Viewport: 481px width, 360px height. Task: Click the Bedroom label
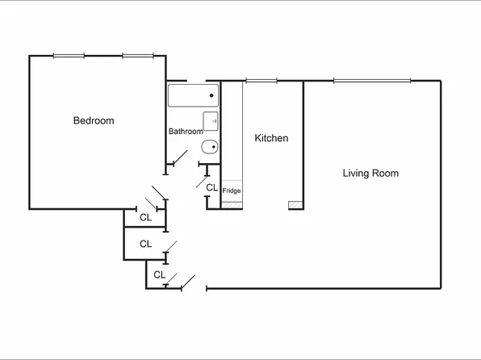click(x=94, y=121)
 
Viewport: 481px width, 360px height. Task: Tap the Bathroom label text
click(x=185, y=132)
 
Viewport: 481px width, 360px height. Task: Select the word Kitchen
click(x=271, y=139)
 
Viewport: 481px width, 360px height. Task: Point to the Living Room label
click(x=370, y=174)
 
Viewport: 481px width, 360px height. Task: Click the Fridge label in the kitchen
click(x=232, y=191)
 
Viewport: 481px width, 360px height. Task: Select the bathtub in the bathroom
click(x=194, y=96)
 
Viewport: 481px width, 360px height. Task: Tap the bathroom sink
click(x=211, y=121)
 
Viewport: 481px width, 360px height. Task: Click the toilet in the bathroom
click(x=209, y=147)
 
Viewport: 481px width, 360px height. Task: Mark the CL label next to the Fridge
click(x=211, y=188)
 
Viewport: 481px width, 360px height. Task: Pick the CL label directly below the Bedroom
click(x=146, y=217)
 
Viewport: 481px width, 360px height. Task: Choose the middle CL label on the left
click(x=146, y=244)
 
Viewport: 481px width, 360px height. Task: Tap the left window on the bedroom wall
click(x=69, y=56)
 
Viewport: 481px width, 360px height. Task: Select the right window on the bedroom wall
click(x=137, y=56)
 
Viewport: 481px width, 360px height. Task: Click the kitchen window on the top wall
click(x=260, y=80)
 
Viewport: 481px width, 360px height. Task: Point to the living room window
click(x=370, y=80)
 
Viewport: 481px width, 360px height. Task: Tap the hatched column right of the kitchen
click(x=295, y=206)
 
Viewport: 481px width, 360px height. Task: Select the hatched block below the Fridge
click(x=232, y=205)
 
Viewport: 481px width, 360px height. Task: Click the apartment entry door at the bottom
click(x=189, y=283)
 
